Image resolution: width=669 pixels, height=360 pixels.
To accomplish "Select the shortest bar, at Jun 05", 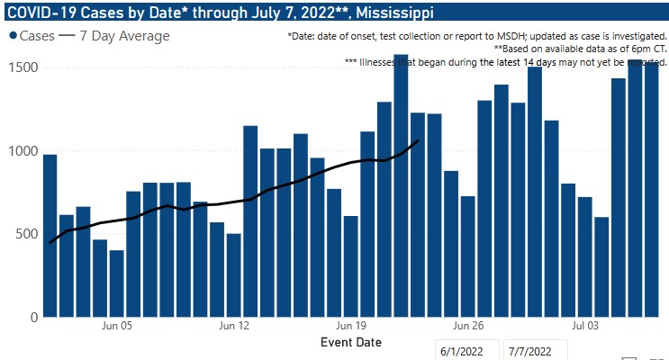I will coord(116,283).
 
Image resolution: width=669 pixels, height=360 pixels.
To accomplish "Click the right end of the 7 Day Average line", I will coord(418,139).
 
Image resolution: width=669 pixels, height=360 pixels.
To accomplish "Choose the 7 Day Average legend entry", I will coord(117,36).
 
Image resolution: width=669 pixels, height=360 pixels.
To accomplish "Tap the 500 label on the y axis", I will coord(28,234).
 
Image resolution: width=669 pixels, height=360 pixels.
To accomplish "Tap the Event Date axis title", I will coord(350,342).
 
